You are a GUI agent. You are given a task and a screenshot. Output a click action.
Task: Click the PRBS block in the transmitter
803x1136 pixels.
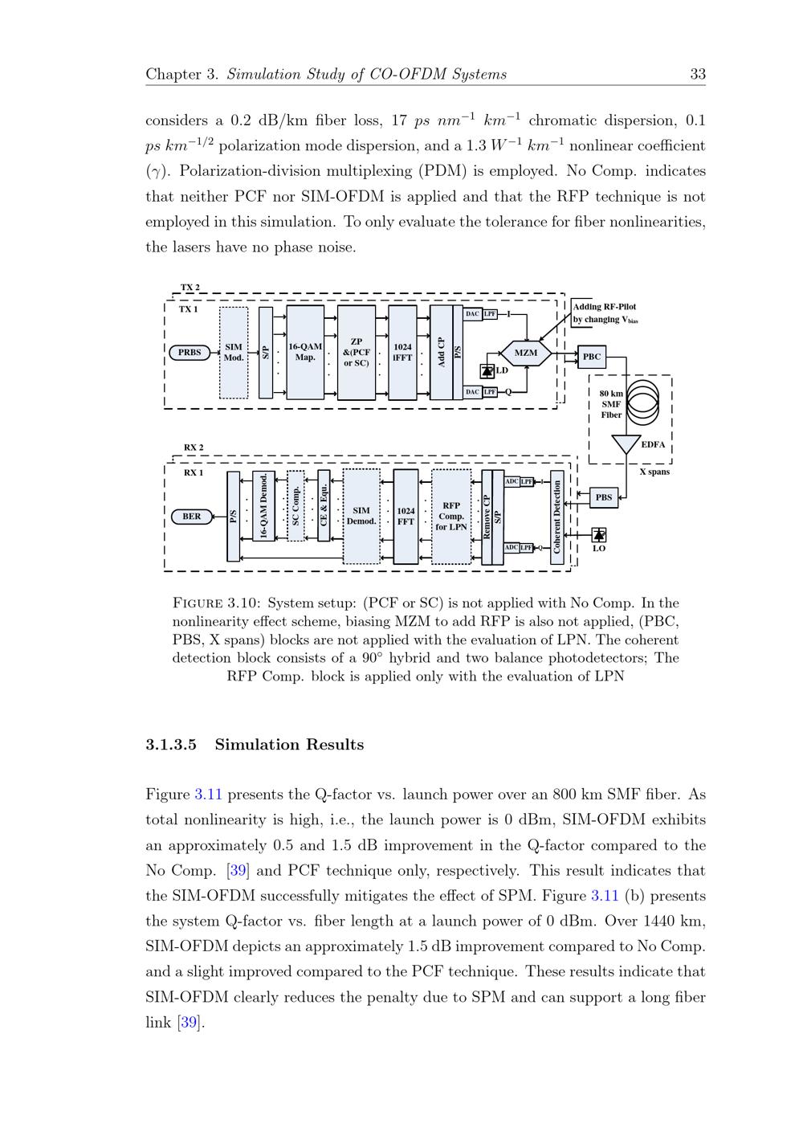tap(190, 352)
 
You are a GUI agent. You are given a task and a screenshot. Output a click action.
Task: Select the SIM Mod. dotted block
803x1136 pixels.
tap(234, 353)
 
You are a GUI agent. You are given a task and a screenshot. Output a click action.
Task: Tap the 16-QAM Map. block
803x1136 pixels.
tap(305, 352)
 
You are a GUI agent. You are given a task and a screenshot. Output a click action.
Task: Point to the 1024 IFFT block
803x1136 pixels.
tap(402, 352)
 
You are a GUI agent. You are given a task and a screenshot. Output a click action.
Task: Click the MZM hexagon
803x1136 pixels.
tap(526, 353)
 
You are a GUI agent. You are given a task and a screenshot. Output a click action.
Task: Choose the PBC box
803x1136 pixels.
tap(592, 357)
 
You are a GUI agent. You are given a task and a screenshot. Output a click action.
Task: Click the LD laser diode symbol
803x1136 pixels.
tap(487, 370)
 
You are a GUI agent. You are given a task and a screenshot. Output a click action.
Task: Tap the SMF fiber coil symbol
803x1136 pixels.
tap(642, 401)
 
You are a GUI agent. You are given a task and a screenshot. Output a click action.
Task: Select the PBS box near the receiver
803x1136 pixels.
tap(604, 497)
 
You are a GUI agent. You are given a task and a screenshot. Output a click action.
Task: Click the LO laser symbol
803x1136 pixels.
tap(598, 535)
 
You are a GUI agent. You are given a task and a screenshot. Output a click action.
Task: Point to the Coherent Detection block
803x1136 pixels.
tap(557, 517)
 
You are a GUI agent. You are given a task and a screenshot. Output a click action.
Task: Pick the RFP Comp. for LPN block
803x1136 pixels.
tap(451, 517)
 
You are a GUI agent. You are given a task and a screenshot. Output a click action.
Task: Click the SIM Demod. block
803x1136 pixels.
tap(361, 516)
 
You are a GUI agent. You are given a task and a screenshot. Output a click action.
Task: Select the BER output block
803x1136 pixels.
tap(192, 516)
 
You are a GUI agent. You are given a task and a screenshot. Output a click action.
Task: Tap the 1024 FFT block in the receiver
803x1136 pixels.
tap(406, 516)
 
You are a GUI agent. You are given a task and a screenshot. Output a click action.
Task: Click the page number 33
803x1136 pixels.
tap(698, 74)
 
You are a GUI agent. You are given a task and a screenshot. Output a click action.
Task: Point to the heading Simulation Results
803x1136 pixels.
tap(289, 745)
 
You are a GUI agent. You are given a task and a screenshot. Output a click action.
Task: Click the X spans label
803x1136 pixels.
tap(654, 472)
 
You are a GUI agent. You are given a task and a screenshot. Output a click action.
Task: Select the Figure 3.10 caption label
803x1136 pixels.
tap(216, 603)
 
